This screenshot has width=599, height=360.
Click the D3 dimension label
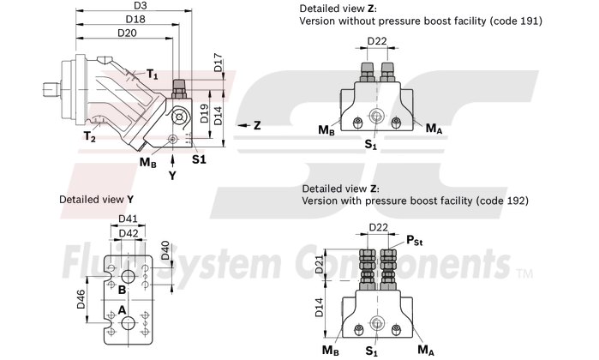pyautogui.click(x=141, y=6)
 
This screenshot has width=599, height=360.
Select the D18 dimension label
pyautogui.click(x=135, y=19)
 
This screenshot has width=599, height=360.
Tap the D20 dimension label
pyautogui.click(x=127, y=33)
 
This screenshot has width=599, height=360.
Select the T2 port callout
pyautogui.click(x=89, y=136)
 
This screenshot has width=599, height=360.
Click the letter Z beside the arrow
pyautogui.click(x=256, y=125)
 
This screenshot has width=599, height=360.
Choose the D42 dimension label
pyautogui.click(x=129, y=233)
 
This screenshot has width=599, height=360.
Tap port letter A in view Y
pyautogui.click(x=123, y=309)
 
